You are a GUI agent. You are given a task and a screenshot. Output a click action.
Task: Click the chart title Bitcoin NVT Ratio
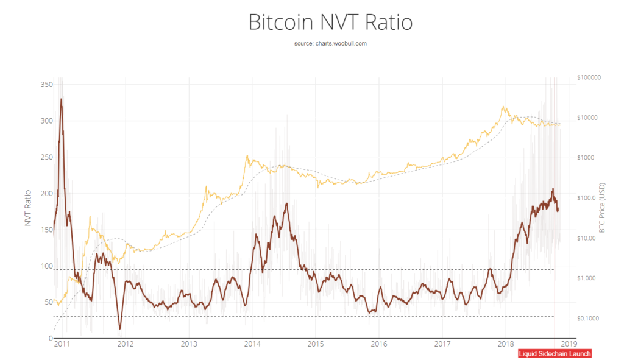(330, 23)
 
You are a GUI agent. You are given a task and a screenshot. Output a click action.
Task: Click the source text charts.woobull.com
(330, 44)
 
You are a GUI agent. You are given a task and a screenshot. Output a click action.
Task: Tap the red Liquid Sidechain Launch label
(555, 353)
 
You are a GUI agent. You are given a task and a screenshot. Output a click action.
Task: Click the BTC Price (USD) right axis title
(602, 208)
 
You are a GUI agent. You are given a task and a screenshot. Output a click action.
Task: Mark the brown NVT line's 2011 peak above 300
(61, 99)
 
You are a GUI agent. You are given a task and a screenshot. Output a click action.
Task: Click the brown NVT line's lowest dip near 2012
(119, 329)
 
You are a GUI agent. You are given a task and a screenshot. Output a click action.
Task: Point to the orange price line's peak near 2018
(503, 107)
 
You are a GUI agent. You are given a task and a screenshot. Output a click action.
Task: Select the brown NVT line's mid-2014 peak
(286, 203)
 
